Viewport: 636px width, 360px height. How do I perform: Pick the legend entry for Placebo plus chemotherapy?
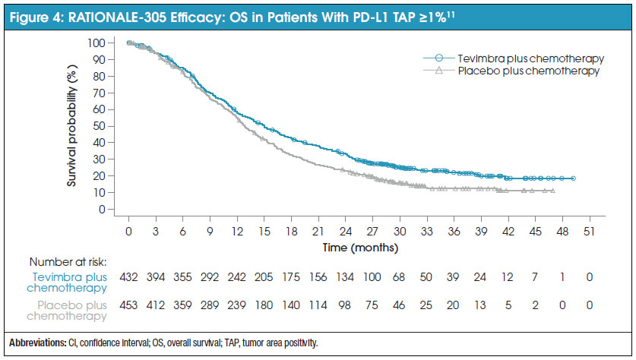pos(524,71)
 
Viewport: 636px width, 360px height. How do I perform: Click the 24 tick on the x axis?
pos(346,231)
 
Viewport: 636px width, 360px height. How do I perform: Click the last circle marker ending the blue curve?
pos(573,178)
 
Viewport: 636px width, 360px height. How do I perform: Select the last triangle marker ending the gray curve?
pos(552,191)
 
